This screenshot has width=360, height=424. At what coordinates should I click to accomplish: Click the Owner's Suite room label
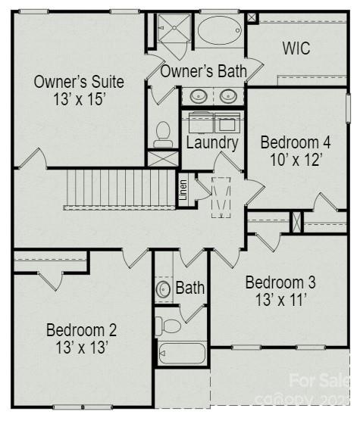tap(78, 82)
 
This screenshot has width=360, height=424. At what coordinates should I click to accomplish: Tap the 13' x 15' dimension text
tap(78, 100)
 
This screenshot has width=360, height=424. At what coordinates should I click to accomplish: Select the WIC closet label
tap(296, 48)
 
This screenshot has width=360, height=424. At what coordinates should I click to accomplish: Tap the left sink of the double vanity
tap(199, 96)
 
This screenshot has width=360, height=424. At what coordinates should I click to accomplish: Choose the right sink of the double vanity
tap(228, 96)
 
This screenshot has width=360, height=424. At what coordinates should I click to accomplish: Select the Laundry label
tap(212, 142)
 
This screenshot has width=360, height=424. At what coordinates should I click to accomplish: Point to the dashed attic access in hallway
tap(221, 197)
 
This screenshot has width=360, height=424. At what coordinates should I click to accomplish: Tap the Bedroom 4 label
tap(296, 142)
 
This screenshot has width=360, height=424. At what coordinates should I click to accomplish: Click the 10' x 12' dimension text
tap(296, 160)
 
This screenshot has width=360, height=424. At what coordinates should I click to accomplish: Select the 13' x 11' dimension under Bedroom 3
tap(280, 300)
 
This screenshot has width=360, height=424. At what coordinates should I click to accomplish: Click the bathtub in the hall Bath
tap(182, 354)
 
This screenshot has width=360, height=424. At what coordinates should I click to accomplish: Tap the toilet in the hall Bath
tap(169, 326)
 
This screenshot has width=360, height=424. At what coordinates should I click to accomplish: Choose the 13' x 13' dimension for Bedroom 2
tap(82, 348)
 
